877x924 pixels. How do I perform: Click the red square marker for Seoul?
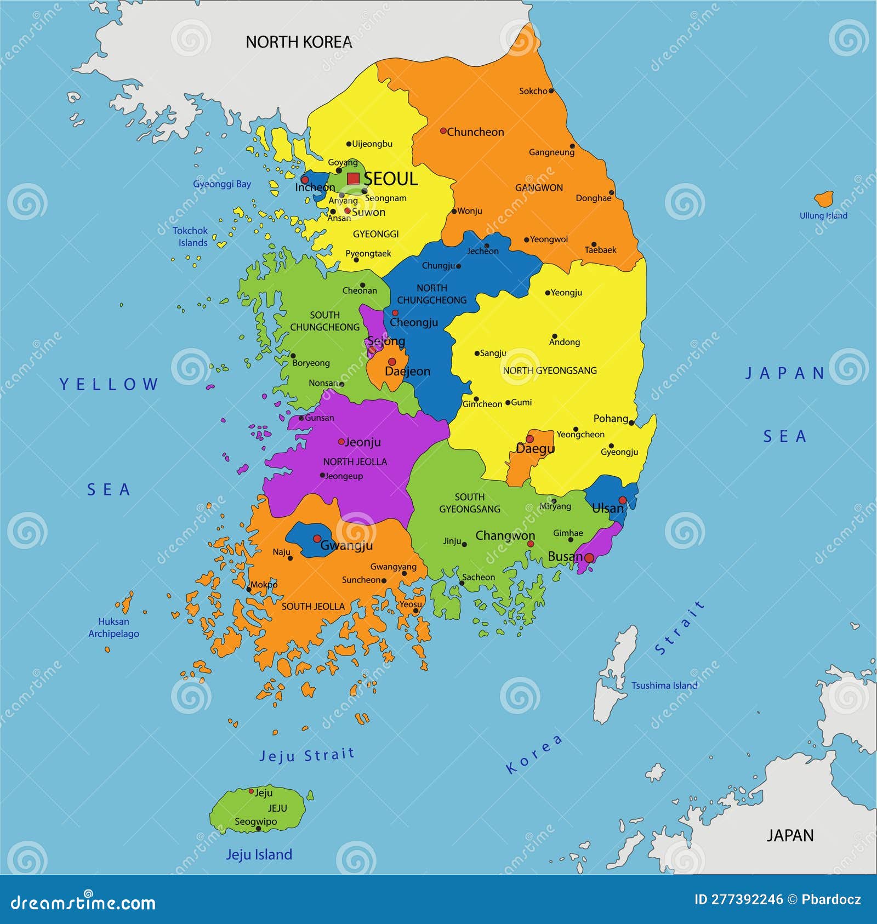click(354, 179)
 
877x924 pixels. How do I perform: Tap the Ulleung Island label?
click(823, 215)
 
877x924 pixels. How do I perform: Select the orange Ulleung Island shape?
click(824, 198)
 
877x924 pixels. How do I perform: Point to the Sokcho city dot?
click(551, 91)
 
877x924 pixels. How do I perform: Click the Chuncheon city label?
click(475, 132)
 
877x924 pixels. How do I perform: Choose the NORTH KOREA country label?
click(298, 42)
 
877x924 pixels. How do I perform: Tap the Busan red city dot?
click(589, 558)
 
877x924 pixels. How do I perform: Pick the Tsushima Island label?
click(664, 686)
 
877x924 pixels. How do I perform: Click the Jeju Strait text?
click(307, 755)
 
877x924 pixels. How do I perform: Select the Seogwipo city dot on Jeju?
click(259, 828)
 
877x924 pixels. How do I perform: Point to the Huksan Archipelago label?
click(113, 628)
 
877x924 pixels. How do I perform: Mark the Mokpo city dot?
click(249, 590)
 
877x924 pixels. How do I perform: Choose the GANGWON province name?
click(538, 188)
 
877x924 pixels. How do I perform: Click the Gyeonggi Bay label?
click(222, 184)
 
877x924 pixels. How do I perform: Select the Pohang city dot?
click(631, 423)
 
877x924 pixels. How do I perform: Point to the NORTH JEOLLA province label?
click(355, 462)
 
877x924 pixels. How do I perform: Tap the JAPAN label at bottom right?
click(790, 835)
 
